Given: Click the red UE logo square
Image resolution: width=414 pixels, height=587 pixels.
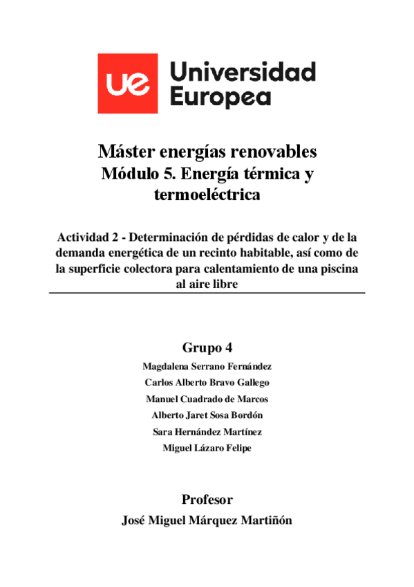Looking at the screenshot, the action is [x=127, y=83].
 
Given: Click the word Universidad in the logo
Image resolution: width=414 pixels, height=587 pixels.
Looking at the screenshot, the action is [x=242, y=72].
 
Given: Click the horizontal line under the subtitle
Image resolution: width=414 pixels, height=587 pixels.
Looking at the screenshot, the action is [x=207, y=293].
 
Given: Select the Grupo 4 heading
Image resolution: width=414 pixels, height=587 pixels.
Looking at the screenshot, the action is [x=207, y=347].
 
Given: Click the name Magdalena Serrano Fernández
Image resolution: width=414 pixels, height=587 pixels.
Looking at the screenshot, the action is [x=207, y=366].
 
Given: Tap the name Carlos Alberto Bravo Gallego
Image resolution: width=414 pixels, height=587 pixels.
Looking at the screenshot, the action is [x=207, y=382].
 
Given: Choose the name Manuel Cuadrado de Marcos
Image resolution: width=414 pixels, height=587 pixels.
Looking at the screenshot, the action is [x=207, y=399].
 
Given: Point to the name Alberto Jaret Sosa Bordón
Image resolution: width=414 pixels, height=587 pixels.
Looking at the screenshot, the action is [x=207, y=415].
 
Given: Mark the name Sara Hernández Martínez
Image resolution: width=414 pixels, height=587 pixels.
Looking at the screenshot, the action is [x=207, y=431].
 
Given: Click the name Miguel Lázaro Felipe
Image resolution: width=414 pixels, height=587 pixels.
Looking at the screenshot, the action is [x=207, y=448].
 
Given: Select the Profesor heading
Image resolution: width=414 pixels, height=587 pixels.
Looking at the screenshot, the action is [x=207, y=499].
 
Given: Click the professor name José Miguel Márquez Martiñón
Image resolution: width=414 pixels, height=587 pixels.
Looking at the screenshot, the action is [x=207, y=521].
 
